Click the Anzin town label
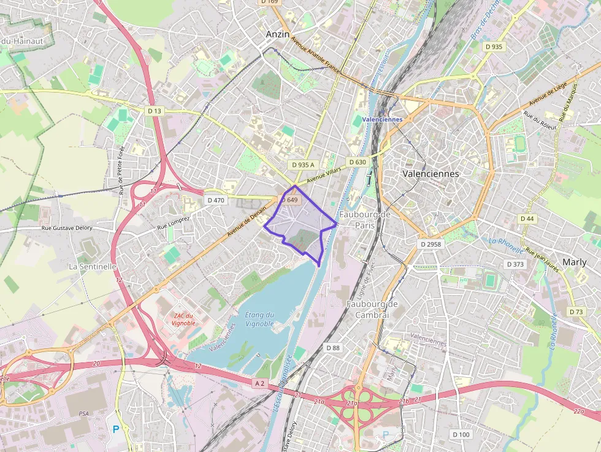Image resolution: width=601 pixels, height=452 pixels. [278, 35]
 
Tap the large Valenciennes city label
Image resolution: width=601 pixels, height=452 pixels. [431, 174]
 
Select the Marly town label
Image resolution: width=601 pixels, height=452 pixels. [575, 262]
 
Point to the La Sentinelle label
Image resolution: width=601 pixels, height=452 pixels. [93, 267]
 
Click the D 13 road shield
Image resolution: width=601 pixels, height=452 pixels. [155, 110]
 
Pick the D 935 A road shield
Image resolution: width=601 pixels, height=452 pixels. [303, 165]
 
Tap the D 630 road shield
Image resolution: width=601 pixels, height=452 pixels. [358, 162]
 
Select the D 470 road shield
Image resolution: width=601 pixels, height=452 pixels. [216, 200]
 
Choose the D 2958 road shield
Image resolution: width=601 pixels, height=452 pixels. [431, 244]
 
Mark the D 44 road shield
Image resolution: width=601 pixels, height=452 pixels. [527, 218]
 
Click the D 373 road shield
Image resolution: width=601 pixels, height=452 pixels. [516, 264]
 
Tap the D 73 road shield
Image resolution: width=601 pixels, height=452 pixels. [576, 312]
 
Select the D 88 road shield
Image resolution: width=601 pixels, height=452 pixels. [332, 348]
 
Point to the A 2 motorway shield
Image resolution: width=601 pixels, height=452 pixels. [259, 383]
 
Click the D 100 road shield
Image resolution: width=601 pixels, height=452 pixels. [461, 435]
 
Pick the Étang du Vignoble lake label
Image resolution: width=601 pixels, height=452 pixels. [259, 319]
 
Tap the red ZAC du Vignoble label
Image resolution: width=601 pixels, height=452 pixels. [183, 319]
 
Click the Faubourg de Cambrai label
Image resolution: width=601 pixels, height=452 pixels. [368, 309]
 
